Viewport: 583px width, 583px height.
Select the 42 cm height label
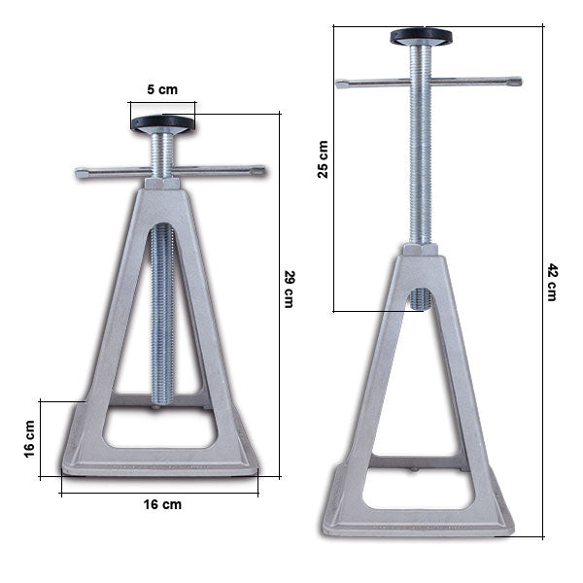[553, 282]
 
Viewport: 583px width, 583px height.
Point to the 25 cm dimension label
[324, 158]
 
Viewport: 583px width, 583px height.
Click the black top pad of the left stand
[162, 123]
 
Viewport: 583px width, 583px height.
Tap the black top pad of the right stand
[421, 37]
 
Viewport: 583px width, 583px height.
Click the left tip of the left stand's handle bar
[81, 174]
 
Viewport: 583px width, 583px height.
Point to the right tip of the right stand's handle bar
[516, 82]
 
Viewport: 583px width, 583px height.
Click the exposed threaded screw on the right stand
[420, 165]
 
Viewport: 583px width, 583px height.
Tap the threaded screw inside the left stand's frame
[162, 311]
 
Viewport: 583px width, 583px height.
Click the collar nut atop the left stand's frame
[162, 184]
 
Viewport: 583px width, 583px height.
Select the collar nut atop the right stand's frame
[420, 250]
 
